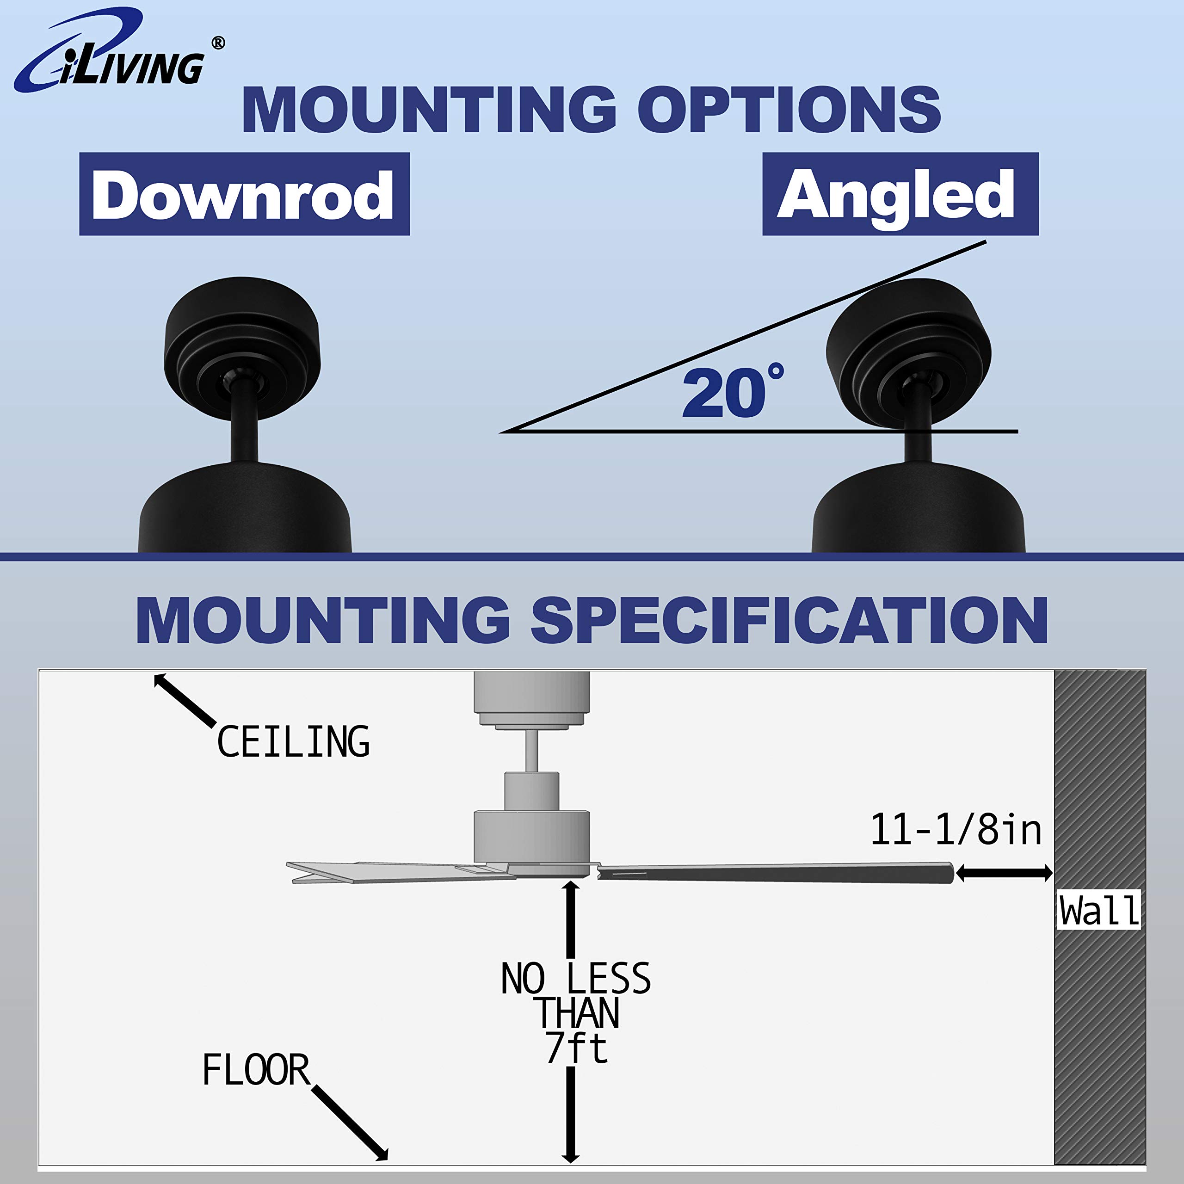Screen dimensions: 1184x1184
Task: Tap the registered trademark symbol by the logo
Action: point(217,43)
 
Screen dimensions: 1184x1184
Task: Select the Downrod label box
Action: point(244,194)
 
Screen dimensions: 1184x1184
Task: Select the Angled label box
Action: point(900,194)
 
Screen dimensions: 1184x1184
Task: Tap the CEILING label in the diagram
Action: point(293,741)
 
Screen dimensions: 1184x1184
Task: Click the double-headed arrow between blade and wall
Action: point(1004,873)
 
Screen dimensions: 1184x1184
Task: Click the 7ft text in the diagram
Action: point(576,1048)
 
